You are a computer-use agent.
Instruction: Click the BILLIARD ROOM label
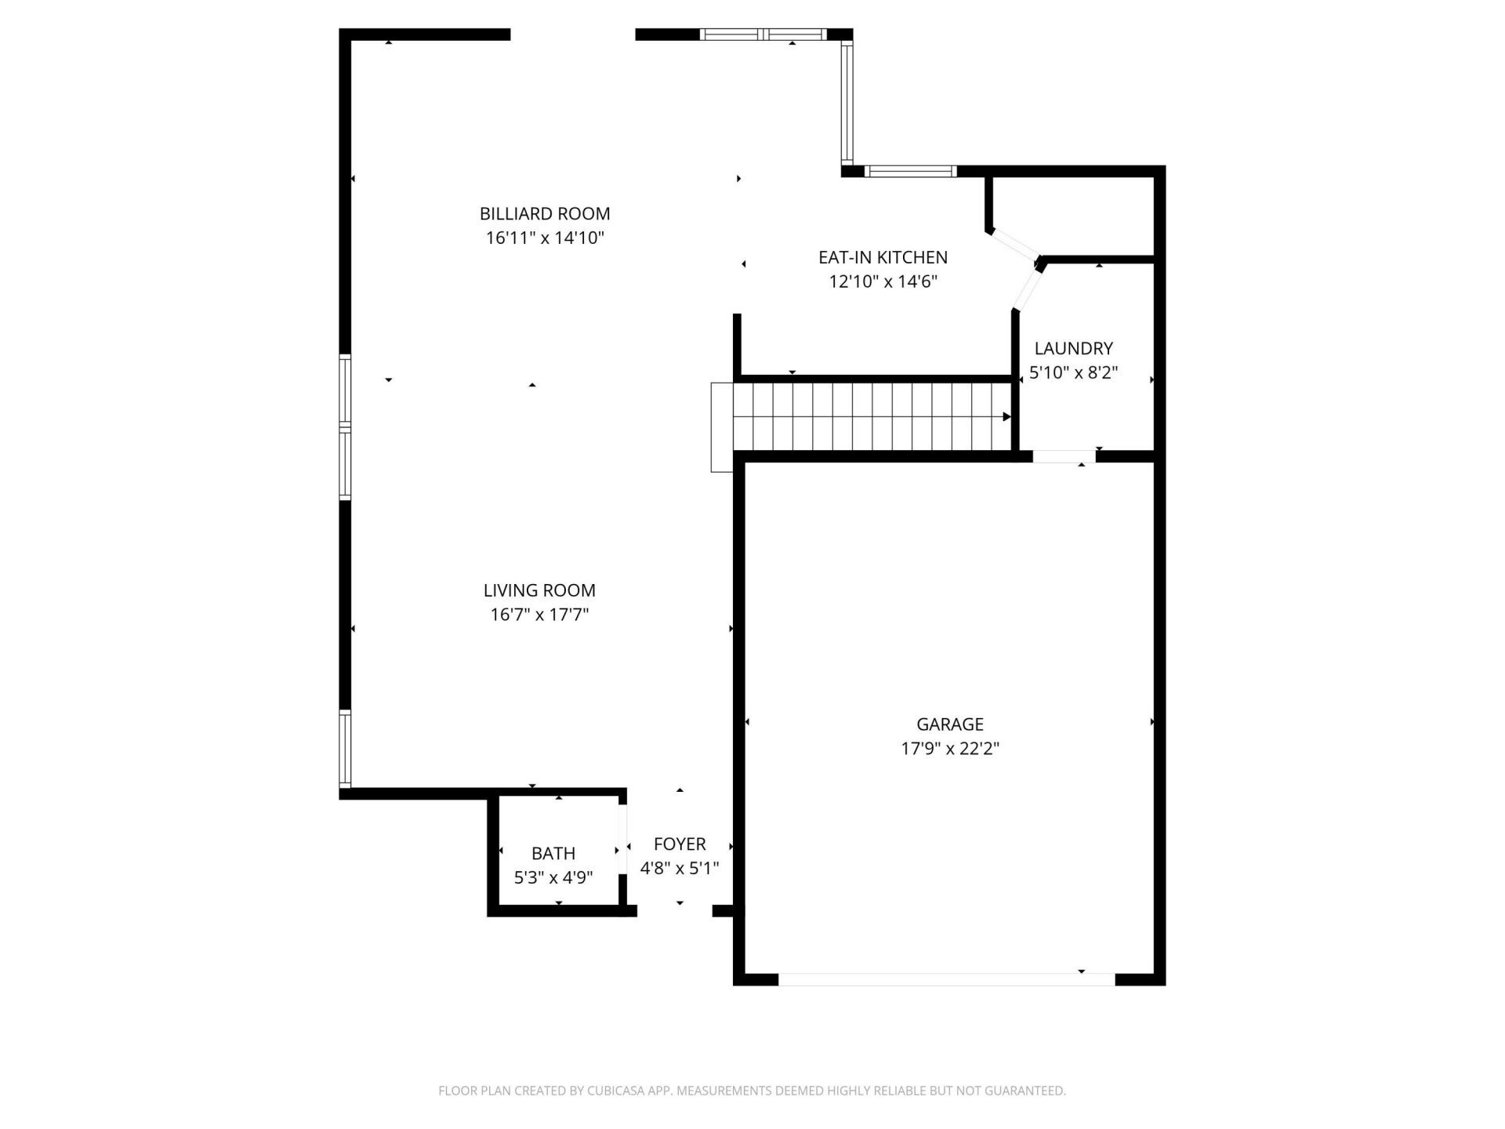tap(545, 213)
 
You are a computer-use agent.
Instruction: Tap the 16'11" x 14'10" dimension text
tap(545, 238)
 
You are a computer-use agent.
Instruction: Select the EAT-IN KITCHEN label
tap(883, 257)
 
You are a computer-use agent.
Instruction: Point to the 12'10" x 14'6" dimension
tap(883, 281)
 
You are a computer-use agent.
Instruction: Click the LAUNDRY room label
tap(1073, 348)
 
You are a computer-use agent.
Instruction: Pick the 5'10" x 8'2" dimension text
tap(1073, 372)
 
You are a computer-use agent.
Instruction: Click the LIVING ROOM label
tap(539, 590)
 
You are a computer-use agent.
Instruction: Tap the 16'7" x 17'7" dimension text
tap(539, 615)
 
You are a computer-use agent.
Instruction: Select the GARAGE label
tap(949, 724)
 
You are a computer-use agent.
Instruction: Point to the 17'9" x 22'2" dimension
tap(949, 749)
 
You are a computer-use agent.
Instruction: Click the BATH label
tap(553, 853)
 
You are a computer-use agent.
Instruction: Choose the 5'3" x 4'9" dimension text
tap(553, 877)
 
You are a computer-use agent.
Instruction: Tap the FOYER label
tap(680, 844)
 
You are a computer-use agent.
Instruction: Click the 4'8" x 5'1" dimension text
tap(680, 868)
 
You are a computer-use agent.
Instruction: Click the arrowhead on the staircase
tap(1006, 416)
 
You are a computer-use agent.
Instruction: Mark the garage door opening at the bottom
tap(946, 979)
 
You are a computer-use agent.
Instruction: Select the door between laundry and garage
tap(1064, 456)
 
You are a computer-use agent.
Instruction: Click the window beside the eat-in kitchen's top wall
tap(910, 171)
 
